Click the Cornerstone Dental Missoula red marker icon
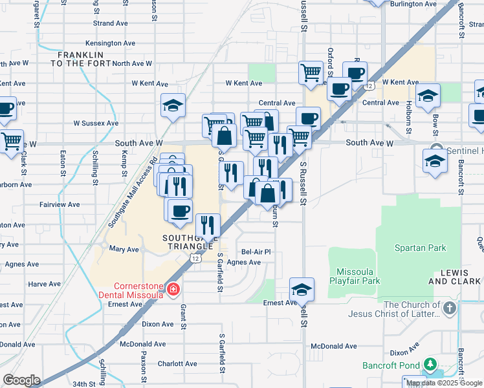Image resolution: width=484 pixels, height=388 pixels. click(x=173, y=288)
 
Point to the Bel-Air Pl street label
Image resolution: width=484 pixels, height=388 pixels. click(x=256, y=252)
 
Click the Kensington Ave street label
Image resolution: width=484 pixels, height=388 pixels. click(x=110, y=43)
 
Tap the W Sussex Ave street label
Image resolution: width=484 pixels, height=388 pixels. click(x=96, y=123)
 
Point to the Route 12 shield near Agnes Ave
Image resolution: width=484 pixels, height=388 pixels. click(x=195, y=258)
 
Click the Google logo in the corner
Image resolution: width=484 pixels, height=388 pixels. click(x=21, y=380)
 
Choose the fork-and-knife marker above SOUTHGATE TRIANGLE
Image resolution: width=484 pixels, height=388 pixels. click(x=208, y=225)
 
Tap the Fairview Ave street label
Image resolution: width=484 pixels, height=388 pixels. click(x=60, y=204)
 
